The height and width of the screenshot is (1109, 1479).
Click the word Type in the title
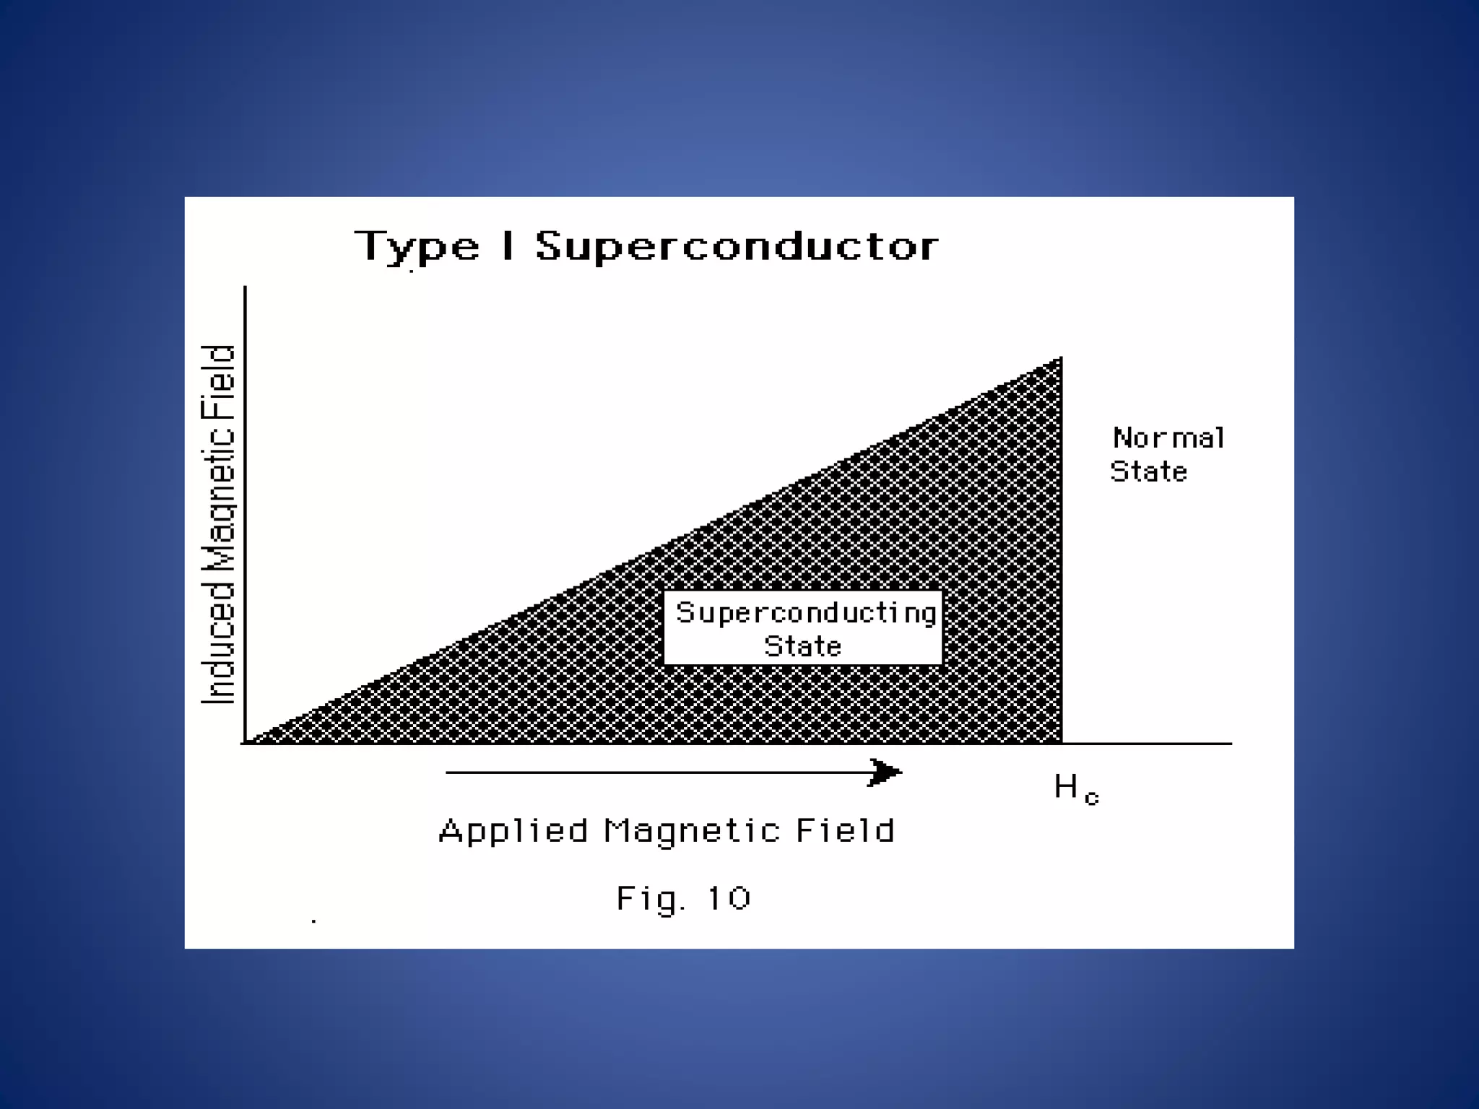tap(417, 247)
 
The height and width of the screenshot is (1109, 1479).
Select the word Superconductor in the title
tap(737, 247)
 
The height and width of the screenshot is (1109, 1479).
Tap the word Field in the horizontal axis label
tap(845, 830)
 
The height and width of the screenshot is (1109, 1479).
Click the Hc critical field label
tap(1075, 788)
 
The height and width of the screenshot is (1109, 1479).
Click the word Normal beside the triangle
tap(1168, 438)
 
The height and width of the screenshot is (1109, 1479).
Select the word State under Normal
tap(1148, 472)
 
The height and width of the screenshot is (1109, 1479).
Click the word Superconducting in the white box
tap(805, 613)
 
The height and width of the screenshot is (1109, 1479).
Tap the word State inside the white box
tap(803, 646)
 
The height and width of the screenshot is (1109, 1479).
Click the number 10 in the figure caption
tap(729, 899)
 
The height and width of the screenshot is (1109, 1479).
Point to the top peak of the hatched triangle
tap(1060, 359)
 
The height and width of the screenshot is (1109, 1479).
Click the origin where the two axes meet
tap(246, 743)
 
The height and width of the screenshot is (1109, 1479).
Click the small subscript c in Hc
tap(1091, 798)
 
